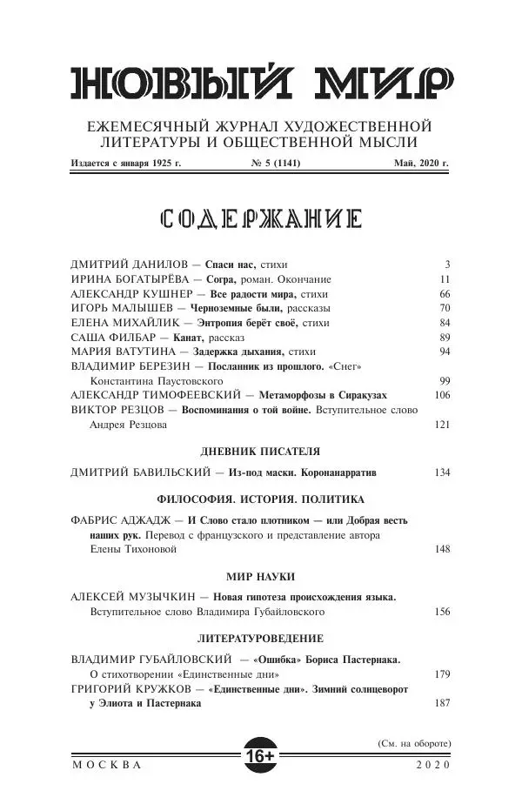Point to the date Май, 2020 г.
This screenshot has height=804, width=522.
421,163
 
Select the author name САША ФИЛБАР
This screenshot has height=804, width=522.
114,336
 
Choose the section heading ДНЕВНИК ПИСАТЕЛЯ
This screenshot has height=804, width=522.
259,452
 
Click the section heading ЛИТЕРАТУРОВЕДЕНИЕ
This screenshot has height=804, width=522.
259,638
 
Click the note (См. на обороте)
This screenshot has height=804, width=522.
413,744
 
